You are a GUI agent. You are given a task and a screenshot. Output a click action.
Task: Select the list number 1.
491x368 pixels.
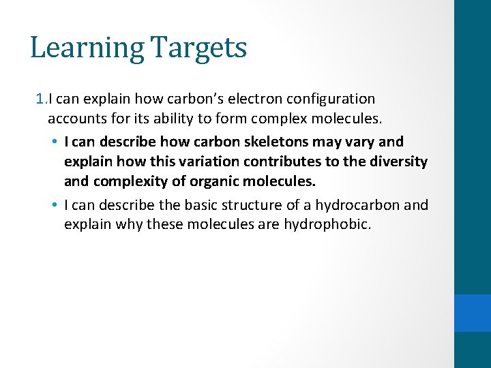tap(40, 99)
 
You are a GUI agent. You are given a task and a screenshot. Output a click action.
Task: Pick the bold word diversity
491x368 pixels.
tap(400, 162)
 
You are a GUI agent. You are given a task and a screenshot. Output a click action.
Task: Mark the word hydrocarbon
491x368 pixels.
tap(353, 204)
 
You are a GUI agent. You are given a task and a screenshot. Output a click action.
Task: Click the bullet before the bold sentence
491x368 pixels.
tap(54, 142)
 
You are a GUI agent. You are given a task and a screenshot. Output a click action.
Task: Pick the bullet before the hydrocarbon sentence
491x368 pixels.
tap(54, 204)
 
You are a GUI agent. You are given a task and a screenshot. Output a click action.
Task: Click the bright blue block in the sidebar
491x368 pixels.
tap(473, 313)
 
